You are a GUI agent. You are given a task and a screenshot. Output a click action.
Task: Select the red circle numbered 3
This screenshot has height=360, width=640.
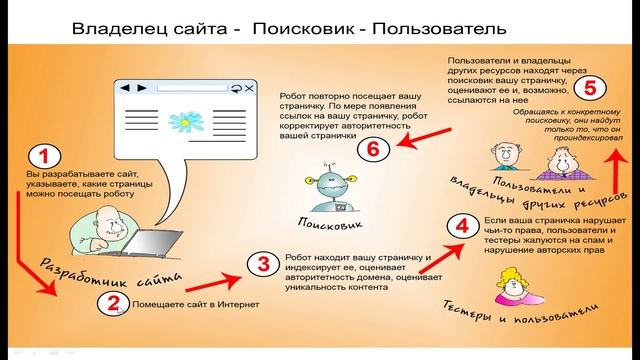(262, 265)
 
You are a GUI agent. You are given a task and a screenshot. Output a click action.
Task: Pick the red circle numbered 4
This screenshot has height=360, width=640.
(460, 225)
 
